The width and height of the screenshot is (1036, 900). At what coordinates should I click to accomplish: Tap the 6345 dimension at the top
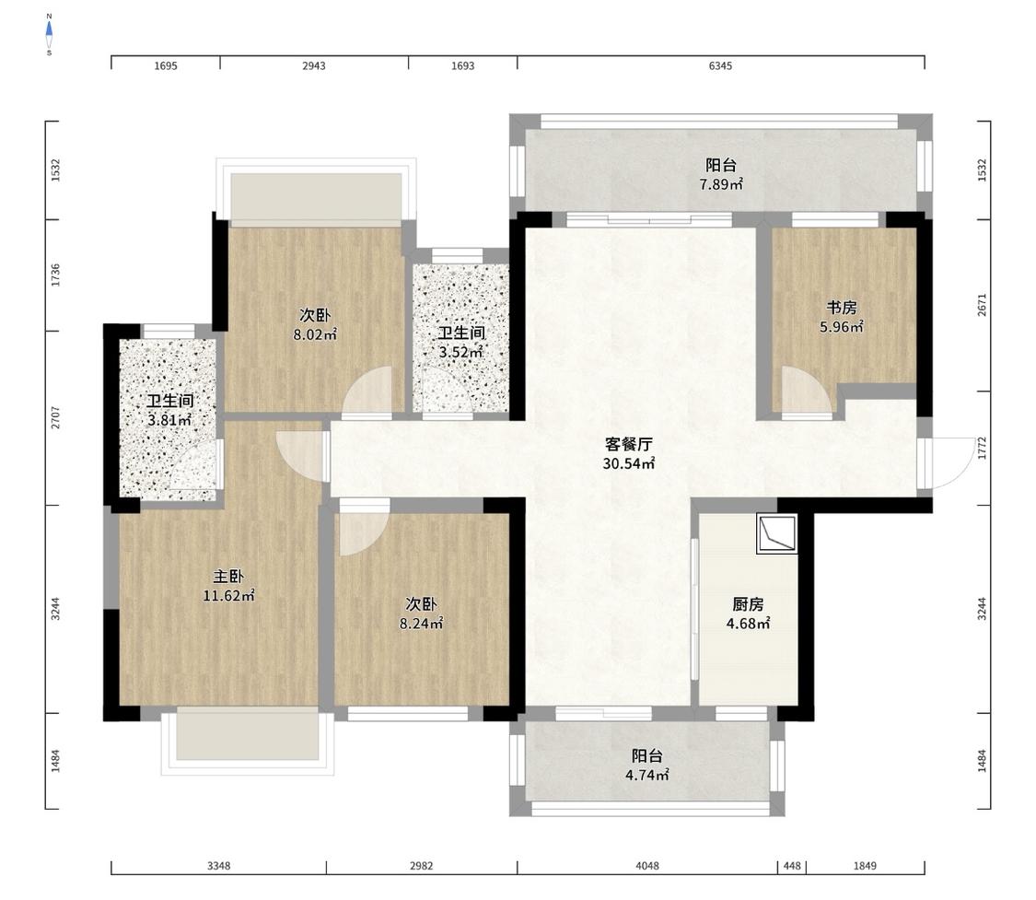click(x=720, y=66)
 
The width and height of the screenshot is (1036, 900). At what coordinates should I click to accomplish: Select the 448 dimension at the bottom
click(x=792, y=866)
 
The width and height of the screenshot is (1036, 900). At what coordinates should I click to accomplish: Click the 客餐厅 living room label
click(x=629, y=443)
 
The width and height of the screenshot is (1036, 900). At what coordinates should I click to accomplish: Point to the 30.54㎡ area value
click(x=628, y=463)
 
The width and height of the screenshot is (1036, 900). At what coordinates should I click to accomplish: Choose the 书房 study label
click(x=842, y=308)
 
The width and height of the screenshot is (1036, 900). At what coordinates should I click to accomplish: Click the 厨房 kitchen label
click(x=748, y=604)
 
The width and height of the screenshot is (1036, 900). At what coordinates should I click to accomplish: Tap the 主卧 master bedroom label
click(x=228, y=577)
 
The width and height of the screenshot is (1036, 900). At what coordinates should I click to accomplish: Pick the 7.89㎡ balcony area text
click(x=721, y=184)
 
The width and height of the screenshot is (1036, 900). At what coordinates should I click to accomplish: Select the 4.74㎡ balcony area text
click(x=646, y=775)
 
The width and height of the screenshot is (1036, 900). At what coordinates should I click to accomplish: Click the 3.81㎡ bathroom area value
click(x=169, y=420)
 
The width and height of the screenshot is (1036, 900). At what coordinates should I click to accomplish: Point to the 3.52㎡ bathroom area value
click(x=460, y=352)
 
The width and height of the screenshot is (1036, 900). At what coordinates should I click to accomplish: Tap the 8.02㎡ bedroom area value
click(x=315, y=334)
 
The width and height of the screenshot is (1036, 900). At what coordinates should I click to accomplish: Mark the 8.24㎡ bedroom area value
click(x=421, y=623)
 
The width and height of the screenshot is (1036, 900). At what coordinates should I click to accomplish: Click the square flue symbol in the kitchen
click(x=777, y=534)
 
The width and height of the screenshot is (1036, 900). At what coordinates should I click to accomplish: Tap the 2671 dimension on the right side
click(x=982, y=305)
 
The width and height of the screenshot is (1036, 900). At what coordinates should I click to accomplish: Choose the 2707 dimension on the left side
click(x=55, y=418)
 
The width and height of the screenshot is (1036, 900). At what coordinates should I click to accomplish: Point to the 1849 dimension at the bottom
click(x=865, y=866)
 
